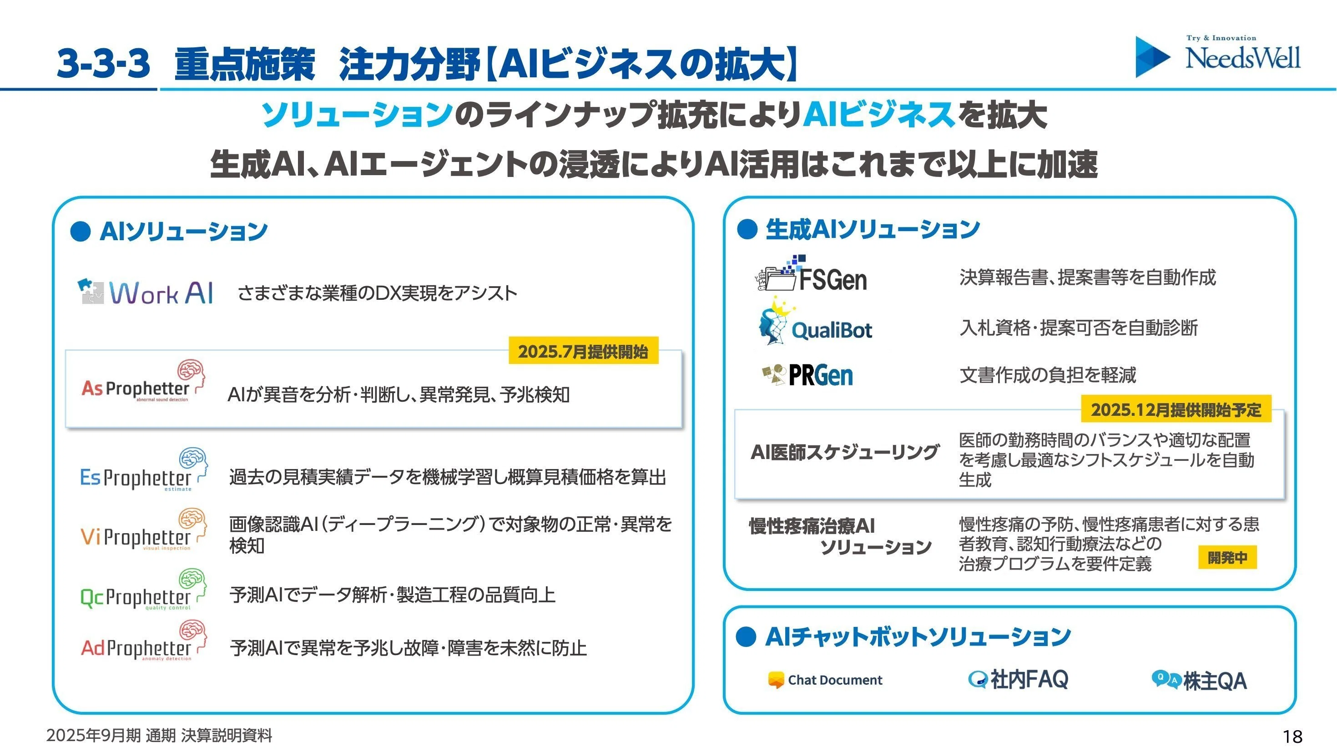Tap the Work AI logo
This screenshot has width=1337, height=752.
pos(145,292)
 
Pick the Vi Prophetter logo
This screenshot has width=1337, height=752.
pos(144,530)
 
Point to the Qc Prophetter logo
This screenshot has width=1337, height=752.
pos(144,590)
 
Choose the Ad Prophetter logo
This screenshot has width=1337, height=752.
pos(144,641)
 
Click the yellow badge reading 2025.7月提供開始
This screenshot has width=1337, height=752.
pos(583,351)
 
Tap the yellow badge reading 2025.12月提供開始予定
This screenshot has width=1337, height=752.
pos(1176,409)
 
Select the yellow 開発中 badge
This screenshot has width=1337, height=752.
pos(1227,557)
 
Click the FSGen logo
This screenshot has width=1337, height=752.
pos(811,273)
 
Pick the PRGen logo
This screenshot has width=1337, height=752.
pos(807,375)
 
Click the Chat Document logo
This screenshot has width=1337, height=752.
pos(825,680)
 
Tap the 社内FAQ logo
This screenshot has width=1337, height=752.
pos(1018,679)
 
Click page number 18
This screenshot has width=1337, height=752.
pos(1292,737)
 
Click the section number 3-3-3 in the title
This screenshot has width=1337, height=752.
pos(103,64)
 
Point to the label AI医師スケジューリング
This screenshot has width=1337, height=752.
pos(844,453)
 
